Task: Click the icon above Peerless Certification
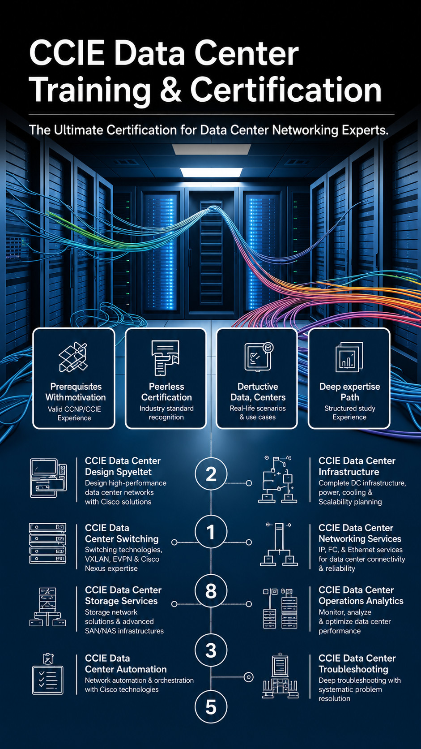click(x=166, y=357)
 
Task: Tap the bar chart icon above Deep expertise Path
click(x=349, y=357)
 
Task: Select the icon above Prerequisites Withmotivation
click(x=73, y=357)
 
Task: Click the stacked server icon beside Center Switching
click(x=47, y=543)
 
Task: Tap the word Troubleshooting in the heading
click(x=353, y=669)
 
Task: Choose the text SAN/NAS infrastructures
click(x=124, y=631)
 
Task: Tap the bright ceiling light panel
click(x=211, y=172)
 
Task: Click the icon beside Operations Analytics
click(x=280, y=608)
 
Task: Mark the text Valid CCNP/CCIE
click(x=74, y=409)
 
